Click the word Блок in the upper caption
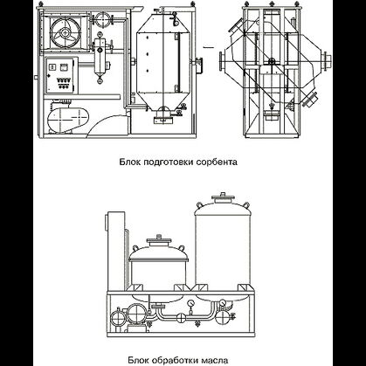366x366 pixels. click(130, 162)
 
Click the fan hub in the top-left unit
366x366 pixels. click(65, 32)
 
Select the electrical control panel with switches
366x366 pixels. click(60, 75)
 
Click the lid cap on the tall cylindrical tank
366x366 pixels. click(224, 198)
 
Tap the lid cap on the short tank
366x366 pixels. click(158, 243)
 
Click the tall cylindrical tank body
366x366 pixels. click(223, 247)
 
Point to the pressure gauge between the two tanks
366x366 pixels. click(191, 304)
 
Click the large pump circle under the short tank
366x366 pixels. click(135, 314)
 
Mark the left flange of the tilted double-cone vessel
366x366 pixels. click(222, 61)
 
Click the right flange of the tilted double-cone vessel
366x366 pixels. click(327, 61)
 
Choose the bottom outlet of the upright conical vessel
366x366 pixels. click(163, 116)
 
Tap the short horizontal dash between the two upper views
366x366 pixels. click(209, 47)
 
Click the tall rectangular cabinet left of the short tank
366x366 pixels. click(116, 251)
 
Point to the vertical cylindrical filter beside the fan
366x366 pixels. click(100, 56)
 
